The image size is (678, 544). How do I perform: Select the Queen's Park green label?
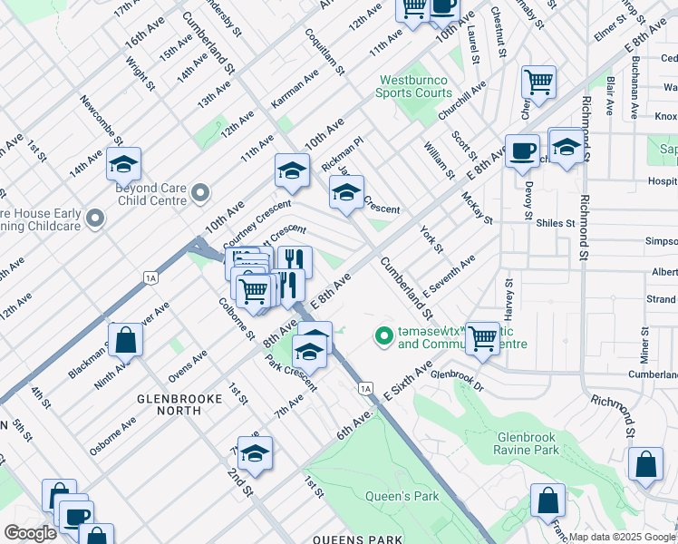pos(402,496)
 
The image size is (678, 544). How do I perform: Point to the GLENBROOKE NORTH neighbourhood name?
pos(169,403)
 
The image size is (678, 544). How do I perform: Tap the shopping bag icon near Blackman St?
pos(128,341)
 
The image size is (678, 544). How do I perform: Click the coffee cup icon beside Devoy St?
pos(521,151)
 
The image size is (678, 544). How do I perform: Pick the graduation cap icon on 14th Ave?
pos(123,164)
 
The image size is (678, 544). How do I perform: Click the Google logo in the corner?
pos(30,533)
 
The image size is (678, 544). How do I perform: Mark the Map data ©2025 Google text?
pos(622,537)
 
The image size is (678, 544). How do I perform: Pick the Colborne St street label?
pos(234,319)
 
